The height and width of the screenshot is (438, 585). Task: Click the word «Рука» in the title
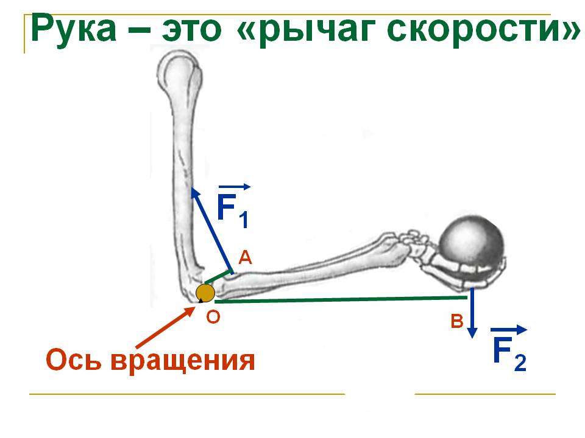coord(74,29)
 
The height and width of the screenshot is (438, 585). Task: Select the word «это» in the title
coord(191,30)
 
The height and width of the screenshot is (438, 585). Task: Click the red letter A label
coord(245,257)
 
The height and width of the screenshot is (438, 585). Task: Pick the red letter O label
coord(213,317)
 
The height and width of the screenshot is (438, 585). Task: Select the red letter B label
coord(457,321)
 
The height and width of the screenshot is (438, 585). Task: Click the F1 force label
coord(233,211)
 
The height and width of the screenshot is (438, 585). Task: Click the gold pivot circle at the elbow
coord(205,293)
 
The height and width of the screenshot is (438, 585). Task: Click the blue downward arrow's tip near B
coord(472,336)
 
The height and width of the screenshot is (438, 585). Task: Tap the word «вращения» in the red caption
coord(183,361)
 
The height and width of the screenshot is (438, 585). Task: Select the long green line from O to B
coord(341,299)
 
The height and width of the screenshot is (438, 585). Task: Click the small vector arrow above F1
coord(234,187)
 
